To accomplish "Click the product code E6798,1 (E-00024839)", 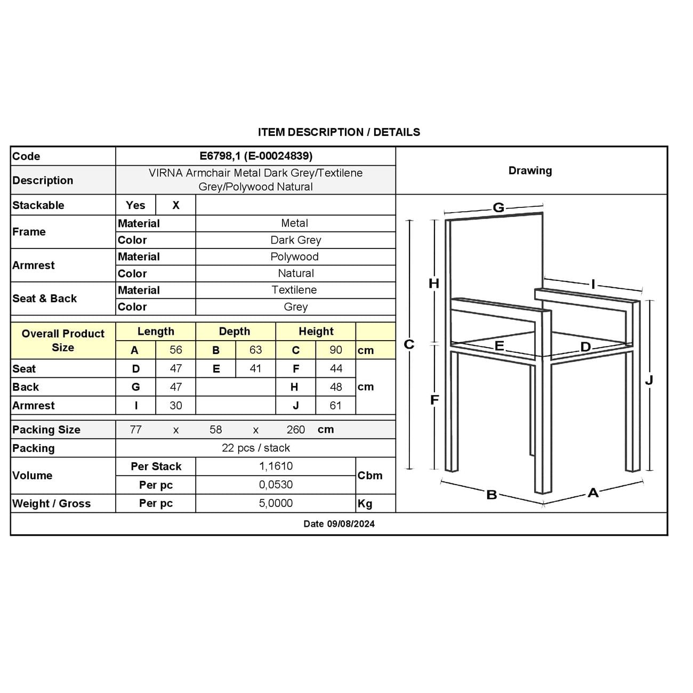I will click(x=256, y=156).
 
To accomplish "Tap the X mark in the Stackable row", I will click(x=176, y=205).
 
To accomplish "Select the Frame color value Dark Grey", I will click(x=296, y=240).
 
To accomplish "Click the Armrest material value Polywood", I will click(x=294, y=256).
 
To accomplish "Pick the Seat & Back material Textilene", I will click(x=294, y=290).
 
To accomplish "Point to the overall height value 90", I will click(x=336, y=350).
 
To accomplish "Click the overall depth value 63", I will click(x=256, y=350).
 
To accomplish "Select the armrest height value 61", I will click(x=335, y=406).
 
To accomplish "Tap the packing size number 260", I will click(x=296, y=430).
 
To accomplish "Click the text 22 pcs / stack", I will click(x=256, y=448).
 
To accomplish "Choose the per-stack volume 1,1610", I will click(x=276, y=466).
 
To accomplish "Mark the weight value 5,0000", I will click(x=276, y=503).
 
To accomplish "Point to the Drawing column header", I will click(x=530, y=171).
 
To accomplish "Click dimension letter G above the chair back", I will click(x=498, y=207).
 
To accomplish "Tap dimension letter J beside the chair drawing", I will click(x=649, y=380).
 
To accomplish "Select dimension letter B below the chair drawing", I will click(x=491, y=495).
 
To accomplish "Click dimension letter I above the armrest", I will click(x=593, y=284).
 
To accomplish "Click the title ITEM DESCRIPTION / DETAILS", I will click(x=339, y=132).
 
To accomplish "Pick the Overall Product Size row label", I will click(x=63, y=340).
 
